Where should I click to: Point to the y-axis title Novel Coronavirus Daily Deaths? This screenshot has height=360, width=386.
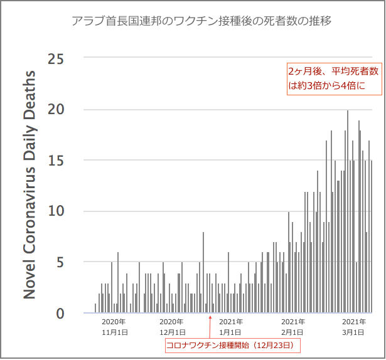[x=30, y=184]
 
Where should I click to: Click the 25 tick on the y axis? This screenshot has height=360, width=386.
[x=56, y=60]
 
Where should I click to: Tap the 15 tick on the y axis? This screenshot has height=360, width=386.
[x=56, y=161]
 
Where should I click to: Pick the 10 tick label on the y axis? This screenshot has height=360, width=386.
[x=56, y=211]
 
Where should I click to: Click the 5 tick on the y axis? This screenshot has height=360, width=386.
[x=60, y=262]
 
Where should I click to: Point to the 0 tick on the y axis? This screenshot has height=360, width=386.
[x=60, y=313]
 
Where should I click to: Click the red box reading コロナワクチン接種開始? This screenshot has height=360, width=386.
[x=233, y=346]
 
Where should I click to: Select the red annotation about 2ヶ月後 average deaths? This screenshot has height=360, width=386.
[x=334, y=78]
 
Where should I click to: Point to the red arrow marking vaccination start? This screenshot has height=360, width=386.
[x=210, y=326]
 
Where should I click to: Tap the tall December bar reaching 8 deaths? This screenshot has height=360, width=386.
[x=203, y=272]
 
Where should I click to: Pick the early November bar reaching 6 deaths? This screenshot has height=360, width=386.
[x=117, y=282]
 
